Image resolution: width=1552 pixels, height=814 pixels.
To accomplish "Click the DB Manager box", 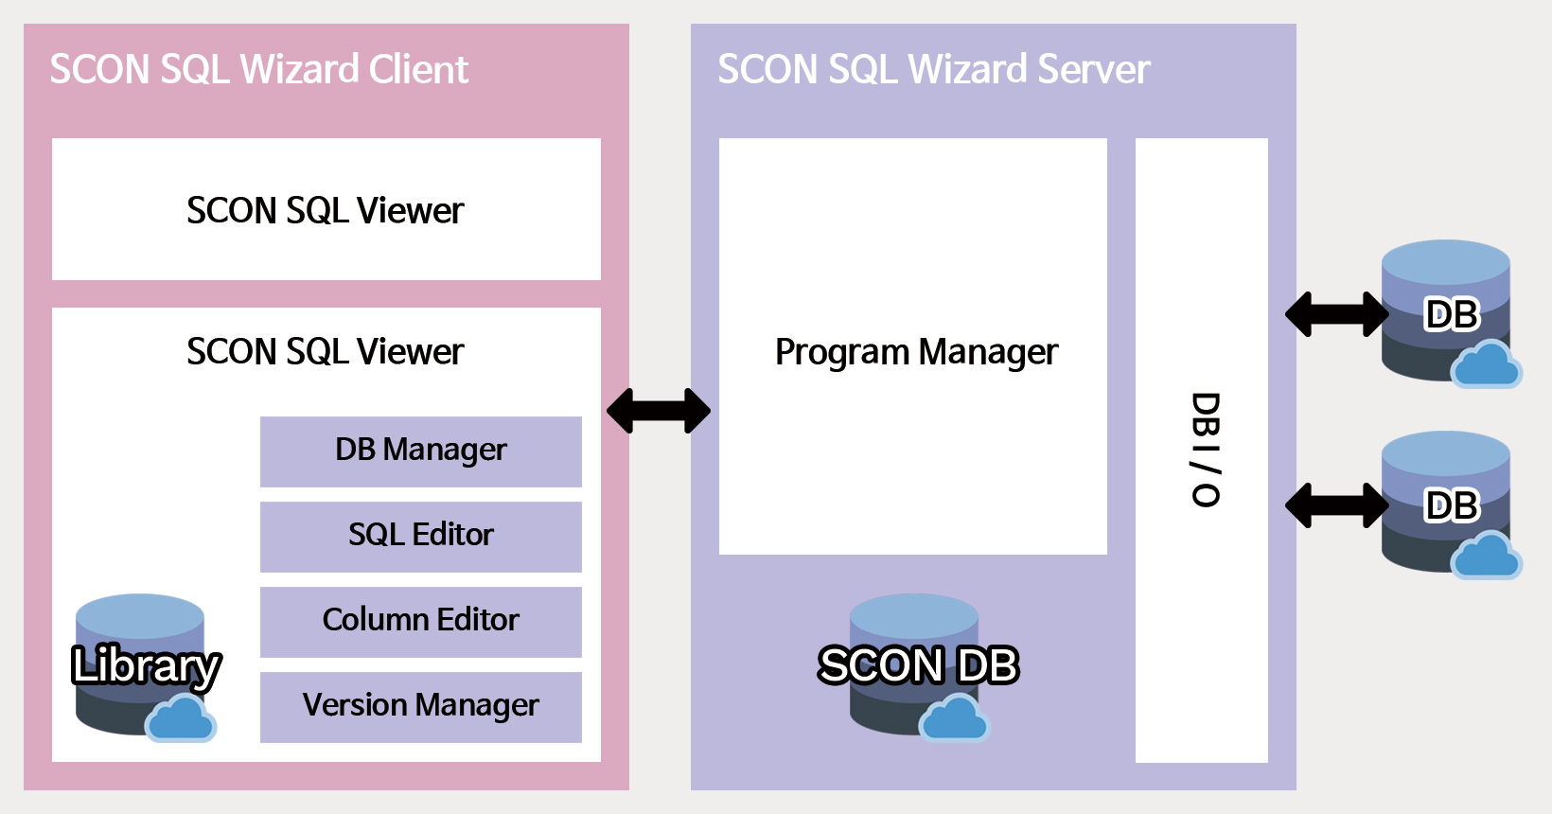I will (x=421, y=451).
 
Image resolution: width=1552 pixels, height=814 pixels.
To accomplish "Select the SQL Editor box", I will (x=421, y=536).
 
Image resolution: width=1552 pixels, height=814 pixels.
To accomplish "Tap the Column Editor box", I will (x=421, y=621).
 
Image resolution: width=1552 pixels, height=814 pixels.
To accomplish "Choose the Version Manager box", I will (x=421, y=706).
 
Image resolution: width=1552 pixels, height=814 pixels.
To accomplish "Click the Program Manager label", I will (x=915, y=352).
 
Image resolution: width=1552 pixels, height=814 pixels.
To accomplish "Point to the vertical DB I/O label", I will (x=1205, y=450).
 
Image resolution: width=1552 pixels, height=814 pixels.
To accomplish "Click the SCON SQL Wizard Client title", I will (x=258, y=70).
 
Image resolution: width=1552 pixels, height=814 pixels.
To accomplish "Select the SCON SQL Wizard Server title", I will (x=933, y=70).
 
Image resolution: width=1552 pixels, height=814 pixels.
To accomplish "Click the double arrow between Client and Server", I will (x=659, y=411).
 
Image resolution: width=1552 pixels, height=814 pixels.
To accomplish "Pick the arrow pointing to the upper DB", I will (x=1336, y=314).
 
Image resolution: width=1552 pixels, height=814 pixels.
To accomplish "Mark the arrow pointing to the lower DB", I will (x=1336, y=505).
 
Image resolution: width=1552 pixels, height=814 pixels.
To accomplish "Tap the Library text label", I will (x=146, y=665).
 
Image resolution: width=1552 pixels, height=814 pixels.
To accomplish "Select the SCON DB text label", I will (x=918, y=665).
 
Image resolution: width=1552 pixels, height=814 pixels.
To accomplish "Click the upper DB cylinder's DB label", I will (x=1451, y=315).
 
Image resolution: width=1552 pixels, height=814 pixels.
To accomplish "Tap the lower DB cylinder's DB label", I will (x=1451, y=506).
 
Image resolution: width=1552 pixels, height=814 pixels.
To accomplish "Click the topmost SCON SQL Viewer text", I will (x=326, y=211).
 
